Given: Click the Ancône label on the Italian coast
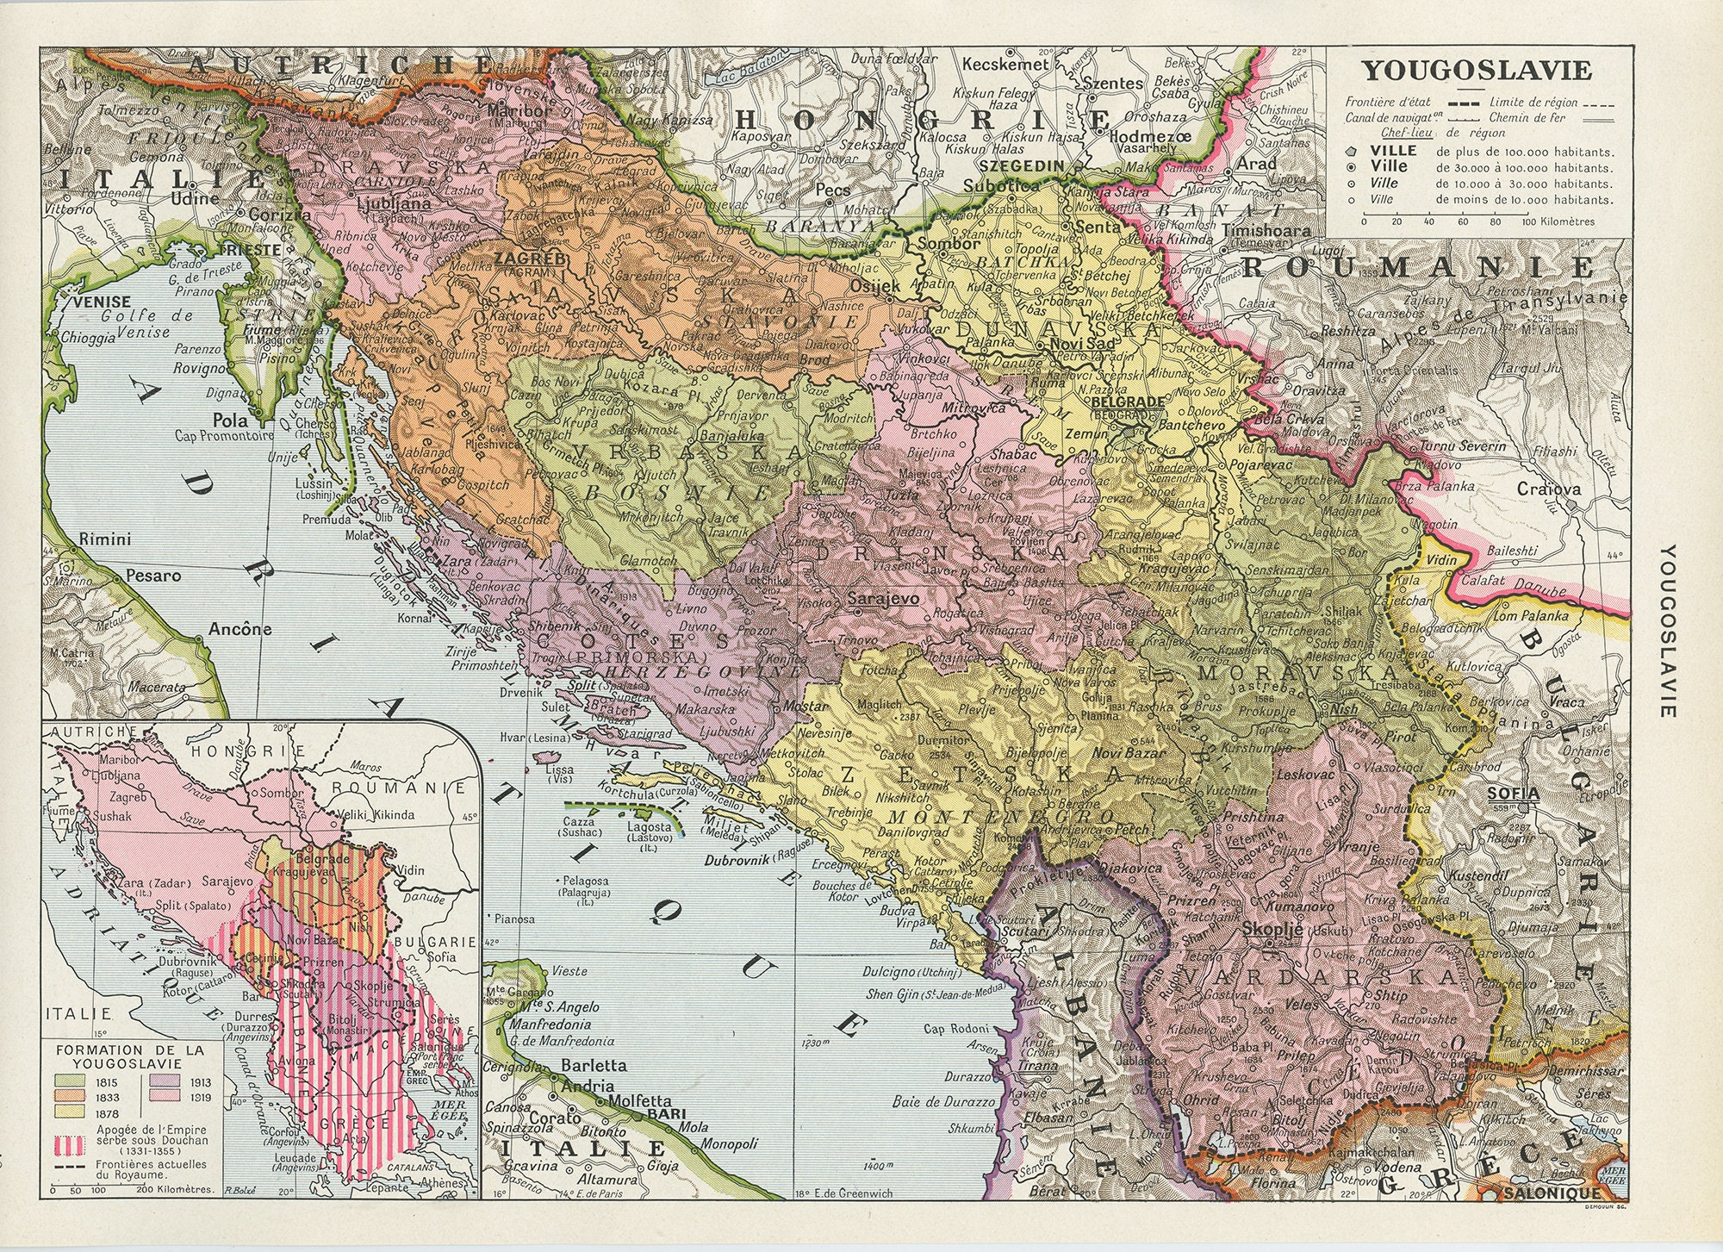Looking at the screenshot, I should pyautogui.click(x=239, y=629).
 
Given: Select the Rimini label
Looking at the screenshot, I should pyautogui.click(x=104, y=540).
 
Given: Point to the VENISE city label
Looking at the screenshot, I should pyautogui.click(x=103, y=302).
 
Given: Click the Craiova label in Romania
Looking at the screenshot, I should pyautogui.click(x=1550, y=489).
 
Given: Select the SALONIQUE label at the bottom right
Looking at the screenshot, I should pyautogui.click(x=1550, y=1193).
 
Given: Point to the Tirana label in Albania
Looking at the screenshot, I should pyautogui.click(x=1039, y=1065).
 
